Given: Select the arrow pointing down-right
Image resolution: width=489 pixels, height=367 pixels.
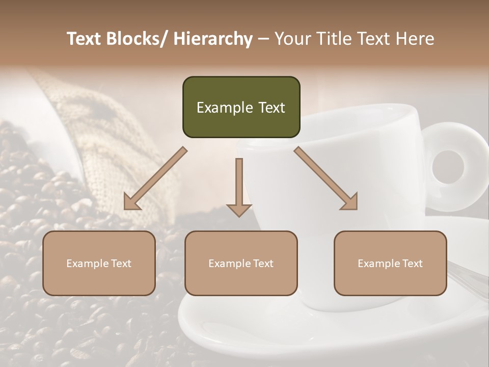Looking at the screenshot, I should coord(327,179).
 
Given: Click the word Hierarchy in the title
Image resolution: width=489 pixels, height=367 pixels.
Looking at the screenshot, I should coord(213,39).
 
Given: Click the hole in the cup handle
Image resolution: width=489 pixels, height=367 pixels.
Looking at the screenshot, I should coord(448,167).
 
